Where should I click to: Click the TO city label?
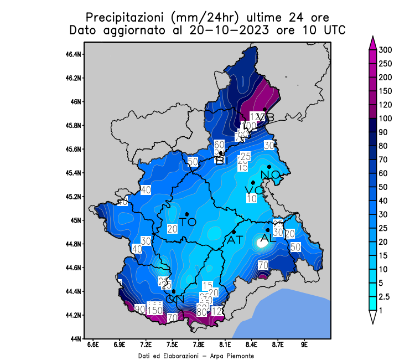188,222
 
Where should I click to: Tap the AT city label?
235,240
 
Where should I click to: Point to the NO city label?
271,175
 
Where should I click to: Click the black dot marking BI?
221,153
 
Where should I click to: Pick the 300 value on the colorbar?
385,50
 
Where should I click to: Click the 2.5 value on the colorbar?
383,297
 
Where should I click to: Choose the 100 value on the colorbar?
385,119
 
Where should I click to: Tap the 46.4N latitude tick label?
74,54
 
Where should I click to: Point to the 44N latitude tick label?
76,338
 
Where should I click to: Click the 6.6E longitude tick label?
93,344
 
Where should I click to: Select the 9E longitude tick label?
304,344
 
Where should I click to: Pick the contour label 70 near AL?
263,265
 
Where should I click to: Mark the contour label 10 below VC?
252,198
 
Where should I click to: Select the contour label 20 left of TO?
172,229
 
